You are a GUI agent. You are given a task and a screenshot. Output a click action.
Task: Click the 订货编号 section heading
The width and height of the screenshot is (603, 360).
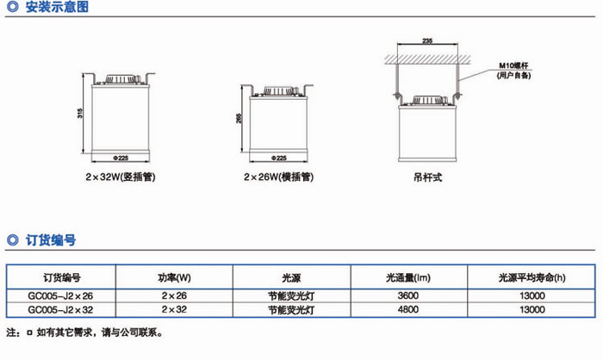pos(51,240)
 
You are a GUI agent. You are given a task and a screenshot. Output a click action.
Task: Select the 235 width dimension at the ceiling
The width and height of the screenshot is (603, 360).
pos(427,40)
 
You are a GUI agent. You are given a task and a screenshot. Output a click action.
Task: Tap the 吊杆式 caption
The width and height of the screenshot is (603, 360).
pos(426,180)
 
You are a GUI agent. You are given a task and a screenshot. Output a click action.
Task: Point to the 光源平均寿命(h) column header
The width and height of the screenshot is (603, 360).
pos(532,278)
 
